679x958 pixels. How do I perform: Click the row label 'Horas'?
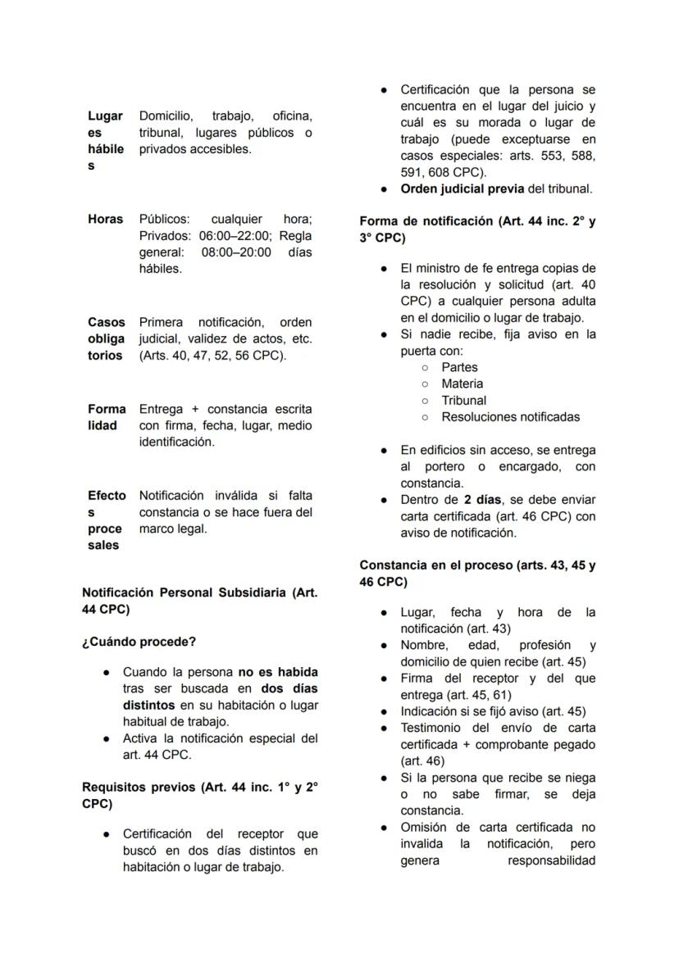[105, 219]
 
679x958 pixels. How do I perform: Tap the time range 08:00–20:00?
[236, 252]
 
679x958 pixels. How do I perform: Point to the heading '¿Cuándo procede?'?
[139, 641]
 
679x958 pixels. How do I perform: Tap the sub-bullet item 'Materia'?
[462, 384]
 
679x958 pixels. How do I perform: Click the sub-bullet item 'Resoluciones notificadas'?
[510, 416]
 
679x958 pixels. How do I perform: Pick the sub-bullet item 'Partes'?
[459, 367]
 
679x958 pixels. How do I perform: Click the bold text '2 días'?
[480, 499]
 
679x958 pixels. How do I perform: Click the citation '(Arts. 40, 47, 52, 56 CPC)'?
[212, 355]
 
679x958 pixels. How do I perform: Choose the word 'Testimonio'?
[434, 728]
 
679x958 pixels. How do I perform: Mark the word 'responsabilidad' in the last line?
[551, 860]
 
